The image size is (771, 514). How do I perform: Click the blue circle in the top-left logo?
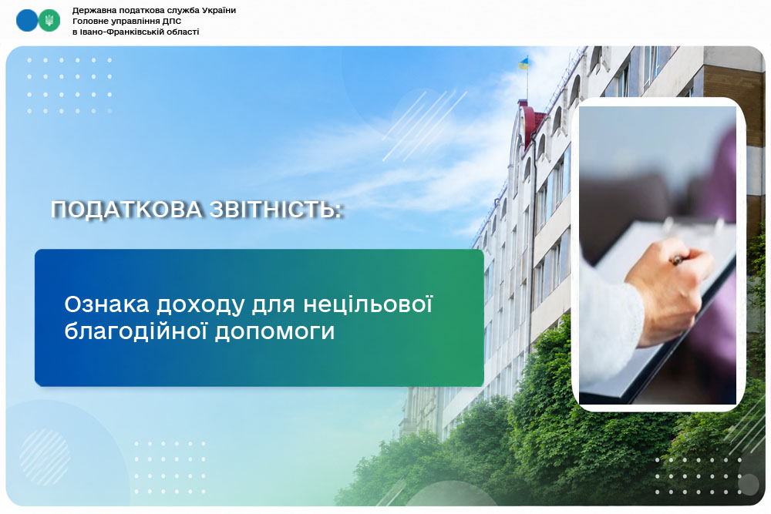coord(26,20)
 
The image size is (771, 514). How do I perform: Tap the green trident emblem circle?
coord(49,20)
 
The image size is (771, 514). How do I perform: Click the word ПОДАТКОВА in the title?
coord(126,210)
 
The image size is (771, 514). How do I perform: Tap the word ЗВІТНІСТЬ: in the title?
coord(275,210)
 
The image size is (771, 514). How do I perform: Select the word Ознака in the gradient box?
coord(106,304)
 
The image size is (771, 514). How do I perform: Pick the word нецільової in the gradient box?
coord(368,304)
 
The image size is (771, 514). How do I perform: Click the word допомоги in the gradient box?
coord(275,332)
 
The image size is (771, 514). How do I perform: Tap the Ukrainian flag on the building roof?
coord(524,63)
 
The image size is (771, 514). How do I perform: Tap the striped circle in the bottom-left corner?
coord(45,456)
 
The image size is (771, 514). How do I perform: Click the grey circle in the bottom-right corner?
coord(749,485)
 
